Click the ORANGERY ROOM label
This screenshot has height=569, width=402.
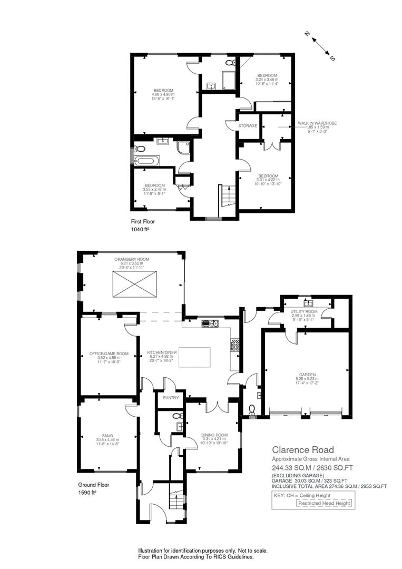132,259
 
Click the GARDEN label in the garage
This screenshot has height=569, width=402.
306,375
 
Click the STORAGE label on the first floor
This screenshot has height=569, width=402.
248,126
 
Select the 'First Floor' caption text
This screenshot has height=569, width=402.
143,222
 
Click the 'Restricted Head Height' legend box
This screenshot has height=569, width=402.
324,503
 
